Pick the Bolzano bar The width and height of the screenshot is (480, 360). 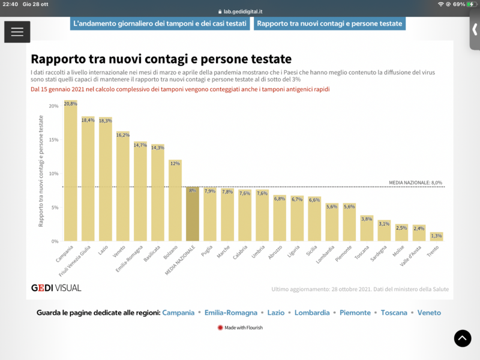click(x=175, y=200)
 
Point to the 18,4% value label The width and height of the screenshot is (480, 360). click(x=88, y=121)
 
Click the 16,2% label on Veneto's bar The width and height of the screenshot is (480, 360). click(x=123, y=135)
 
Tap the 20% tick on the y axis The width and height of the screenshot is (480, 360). click(x=53, y=106)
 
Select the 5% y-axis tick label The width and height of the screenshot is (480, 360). click(x=54, y=208)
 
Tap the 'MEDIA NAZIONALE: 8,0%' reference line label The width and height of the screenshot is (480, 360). click(x=415, y=182)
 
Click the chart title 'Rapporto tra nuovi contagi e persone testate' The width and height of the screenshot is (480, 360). click(x=161, y=59)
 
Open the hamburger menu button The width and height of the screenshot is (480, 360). click(x=17, y=32)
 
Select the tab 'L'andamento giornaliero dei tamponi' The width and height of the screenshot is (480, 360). click(x=160, y=23)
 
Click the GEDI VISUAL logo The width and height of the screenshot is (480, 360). click(x=56, y=288)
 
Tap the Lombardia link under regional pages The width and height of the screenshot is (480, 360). click(x=312, y=313)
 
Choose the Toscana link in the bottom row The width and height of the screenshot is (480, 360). click(x=393, y=313)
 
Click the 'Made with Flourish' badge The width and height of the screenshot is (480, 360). click(x=240, y=328)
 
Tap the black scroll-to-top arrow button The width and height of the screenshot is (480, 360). click(x=462, y=338)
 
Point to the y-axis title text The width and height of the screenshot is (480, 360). click(x=41, y=172)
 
